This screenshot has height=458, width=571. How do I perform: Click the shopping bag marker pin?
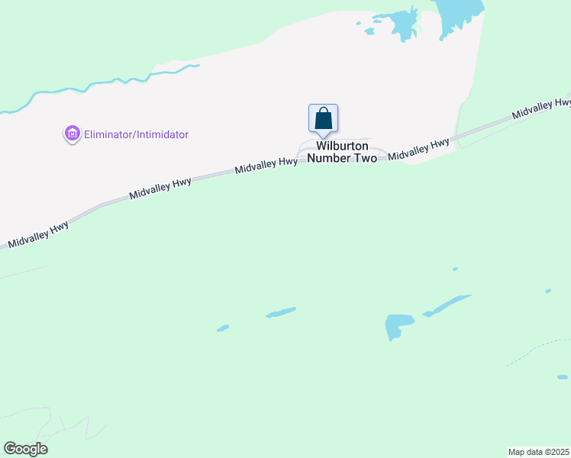(323, 119)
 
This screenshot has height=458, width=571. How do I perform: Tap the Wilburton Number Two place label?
(342, 152)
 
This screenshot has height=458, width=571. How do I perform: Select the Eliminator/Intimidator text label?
(136, 135)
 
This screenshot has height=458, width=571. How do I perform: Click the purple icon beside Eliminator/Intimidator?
(72, 134)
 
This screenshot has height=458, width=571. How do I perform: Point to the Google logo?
(25, 449)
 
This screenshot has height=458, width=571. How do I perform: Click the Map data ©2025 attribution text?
(539, 451)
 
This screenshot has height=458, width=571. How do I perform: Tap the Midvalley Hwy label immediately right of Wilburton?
(418, 149)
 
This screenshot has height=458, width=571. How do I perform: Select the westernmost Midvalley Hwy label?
(38, 234)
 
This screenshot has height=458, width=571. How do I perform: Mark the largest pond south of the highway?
(398, 325)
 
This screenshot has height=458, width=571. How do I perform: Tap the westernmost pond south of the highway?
(223, 328)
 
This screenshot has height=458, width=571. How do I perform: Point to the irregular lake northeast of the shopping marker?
(402, 24)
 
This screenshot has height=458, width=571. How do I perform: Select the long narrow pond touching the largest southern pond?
(449, 305)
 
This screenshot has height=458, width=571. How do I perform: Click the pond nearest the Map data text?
(563, 376)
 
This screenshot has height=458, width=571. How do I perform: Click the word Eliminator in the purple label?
(108, 135)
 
